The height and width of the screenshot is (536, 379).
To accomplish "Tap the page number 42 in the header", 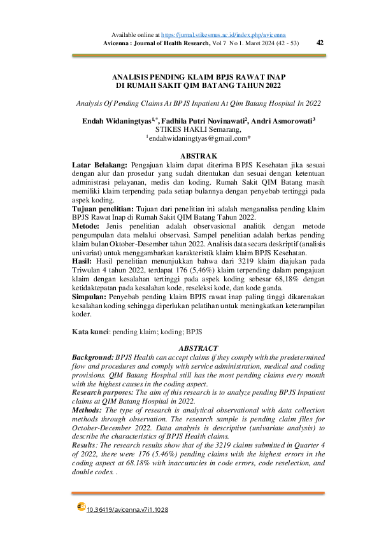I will point(320,43).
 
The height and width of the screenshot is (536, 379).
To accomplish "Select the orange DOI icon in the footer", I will point(81,507).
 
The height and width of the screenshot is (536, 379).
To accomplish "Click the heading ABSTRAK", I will point(198,156).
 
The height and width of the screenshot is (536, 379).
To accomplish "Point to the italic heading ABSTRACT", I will point(198,348).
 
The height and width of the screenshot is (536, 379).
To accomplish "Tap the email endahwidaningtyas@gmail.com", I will point(199,138).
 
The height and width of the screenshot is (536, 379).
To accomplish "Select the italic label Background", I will point(96,357).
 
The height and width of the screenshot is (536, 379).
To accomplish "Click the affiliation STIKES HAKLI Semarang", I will point(198,129).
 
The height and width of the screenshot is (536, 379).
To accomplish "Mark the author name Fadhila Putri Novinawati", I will point(204,120).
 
